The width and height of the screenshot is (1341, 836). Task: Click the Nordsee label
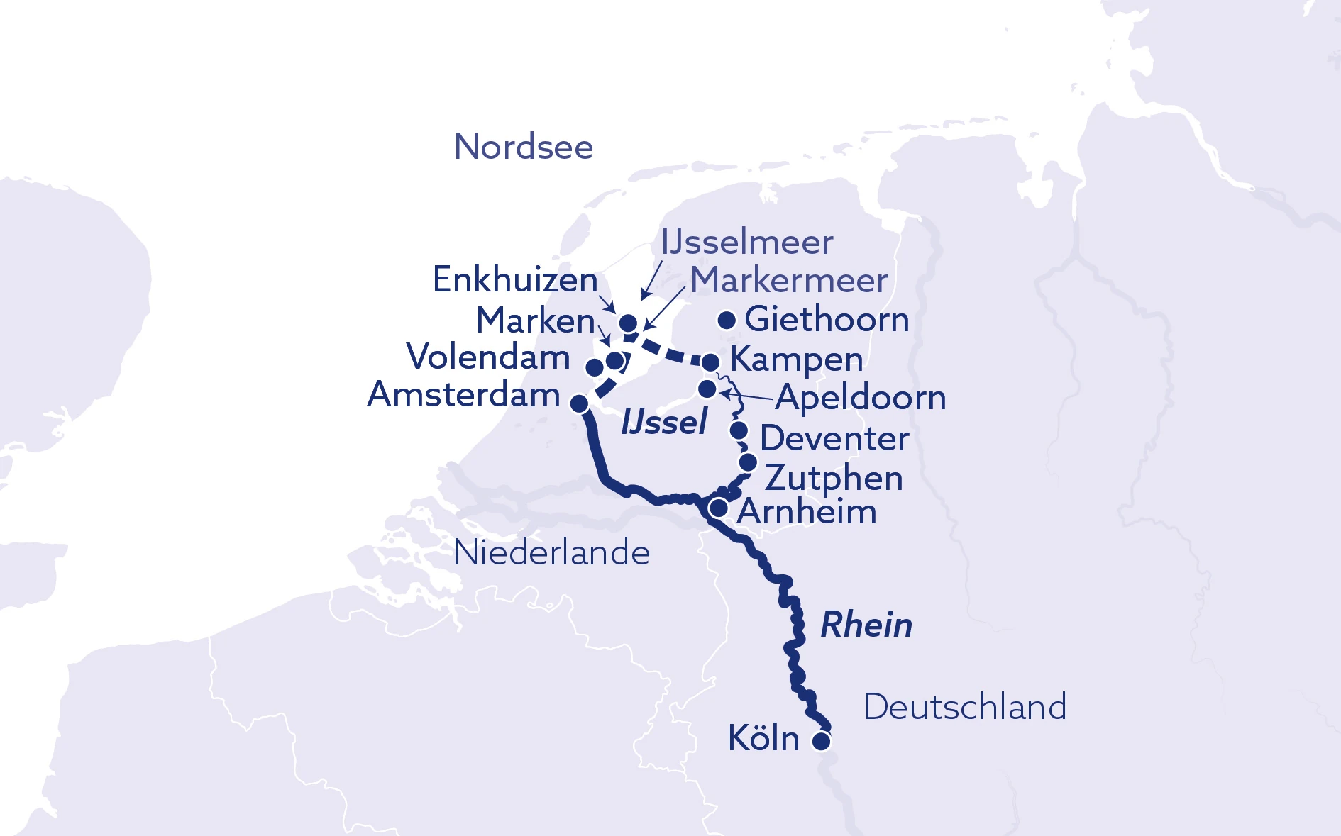524,147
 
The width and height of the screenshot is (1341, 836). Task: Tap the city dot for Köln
821,742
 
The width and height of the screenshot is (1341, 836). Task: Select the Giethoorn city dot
727,321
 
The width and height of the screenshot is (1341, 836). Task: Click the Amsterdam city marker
580,403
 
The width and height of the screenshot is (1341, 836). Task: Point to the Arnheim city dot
719,508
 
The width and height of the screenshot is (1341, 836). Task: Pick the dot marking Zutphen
748,462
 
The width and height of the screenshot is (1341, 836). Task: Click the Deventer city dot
739,430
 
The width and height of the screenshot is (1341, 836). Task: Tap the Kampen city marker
711,362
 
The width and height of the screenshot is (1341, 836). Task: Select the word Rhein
866,625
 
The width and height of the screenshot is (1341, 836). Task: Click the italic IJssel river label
664,423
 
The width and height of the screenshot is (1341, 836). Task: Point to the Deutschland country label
965,707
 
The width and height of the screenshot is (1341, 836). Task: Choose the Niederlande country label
551,553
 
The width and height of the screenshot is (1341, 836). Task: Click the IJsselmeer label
746,243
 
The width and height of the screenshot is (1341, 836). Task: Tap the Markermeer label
789,280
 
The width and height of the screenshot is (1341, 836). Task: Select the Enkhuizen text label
515,280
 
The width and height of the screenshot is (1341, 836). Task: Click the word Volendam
488,357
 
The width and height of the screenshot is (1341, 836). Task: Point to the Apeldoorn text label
861,398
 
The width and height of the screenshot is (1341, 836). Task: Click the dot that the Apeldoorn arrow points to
707,389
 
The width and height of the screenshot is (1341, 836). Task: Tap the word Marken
536,321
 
